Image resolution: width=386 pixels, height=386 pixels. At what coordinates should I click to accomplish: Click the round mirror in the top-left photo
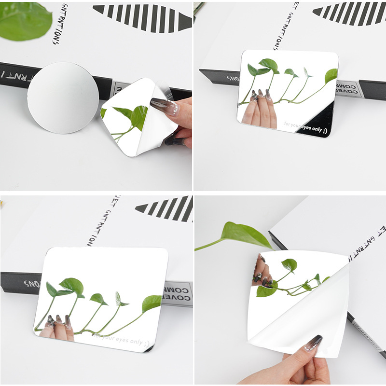click(x=63, y=97)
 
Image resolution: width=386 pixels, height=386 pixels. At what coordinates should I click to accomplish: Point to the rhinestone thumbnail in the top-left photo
click(x=161, y=105)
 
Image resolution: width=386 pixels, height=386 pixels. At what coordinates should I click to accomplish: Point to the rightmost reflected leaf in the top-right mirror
click(x=331, y=75)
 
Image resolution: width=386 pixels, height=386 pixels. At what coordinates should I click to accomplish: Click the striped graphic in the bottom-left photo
click(x=166, y=208)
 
